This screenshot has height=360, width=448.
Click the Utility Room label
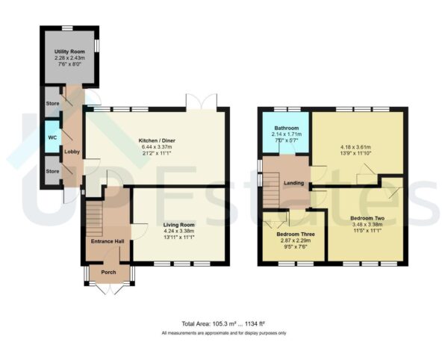pos(69,51)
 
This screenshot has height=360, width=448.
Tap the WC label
pos(52,137)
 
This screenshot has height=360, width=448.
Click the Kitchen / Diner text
pos(157,140)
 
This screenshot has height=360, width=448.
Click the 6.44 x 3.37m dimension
pos(157,148)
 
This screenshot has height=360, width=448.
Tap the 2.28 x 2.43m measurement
pos(69,58)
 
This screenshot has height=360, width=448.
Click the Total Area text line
pos(223,323)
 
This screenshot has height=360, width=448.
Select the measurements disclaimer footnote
pos(223,332)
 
